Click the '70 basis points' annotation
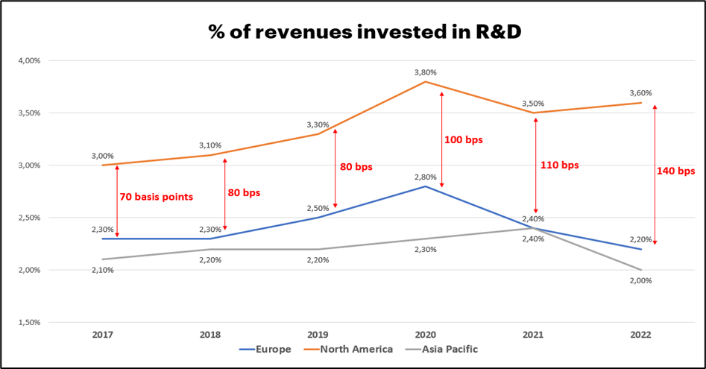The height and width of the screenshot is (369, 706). tap(155, 197)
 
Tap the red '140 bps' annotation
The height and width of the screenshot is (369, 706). tap(675, 171)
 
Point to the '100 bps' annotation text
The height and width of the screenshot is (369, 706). tap(462, 139)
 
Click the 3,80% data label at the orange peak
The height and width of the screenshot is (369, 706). tap(425, 72)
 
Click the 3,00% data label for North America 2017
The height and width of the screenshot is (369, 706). tap(103, 156)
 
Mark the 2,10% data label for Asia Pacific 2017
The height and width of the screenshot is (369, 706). tap(103, 270)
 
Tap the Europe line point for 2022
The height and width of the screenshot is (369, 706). tap(640, 249)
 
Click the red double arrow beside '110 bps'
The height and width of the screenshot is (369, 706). tap(535, 165)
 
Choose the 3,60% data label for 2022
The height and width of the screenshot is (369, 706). tap(640, 93)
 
